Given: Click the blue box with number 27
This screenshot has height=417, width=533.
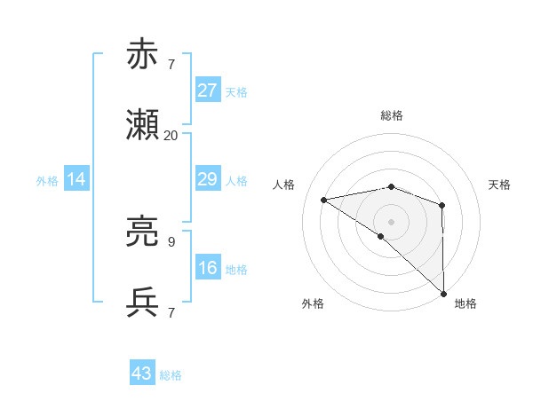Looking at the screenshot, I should (207, 90).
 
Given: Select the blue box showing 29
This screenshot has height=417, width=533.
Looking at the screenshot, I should (207, 179).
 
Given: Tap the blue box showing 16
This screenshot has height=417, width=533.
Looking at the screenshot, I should (207, 268).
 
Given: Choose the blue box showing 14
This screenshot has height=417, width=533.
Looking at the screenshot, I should (76, 180).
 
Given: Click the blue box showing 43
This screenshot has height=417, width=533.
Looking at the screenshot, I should (142, 374).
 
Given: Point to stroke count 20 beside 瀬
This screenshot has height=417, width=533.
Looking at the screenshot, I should (171, 136).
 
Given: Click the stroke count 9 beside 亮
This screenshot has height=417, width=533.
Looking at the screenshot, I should (171, 241).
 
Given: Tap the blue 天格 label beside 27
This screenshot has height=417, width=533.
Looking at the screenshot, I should (236, 91).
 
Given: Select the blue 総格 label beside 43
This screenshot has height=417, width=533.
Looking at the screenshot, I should (171, 374).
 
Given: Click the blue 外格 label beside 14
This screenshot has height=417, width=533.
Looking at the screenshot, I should (47, 181).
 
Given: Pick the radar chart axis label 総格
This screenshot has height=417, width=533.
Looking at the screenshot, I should (392, 115).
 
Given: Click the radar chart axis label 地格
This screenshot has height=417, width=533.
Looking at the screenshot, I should (465, 303).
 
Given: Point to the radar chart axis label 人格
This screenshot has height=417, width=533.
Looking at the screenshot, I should (284, 185).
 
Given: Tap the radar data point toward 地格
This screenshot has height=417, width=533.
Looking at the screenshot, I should (443, 293).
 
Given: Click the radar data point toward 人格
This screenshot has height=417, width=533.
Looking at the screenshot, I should (324, 200).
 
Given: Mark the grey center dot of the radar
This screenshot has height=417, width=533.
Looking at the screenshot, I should (391, 220).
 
